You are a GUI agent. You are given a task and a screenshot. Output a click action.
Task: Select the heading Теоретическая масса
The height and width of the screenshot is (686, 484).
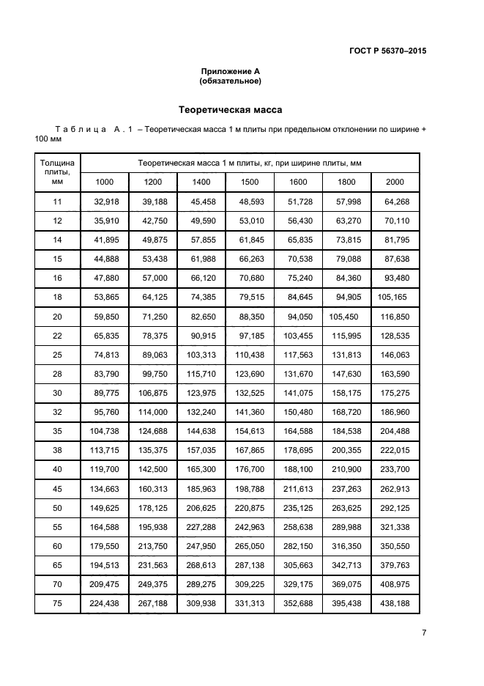point(231,110)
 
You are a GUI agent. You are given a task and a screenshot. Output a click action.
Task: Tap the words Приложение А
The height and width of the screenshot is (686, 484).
point(231,71)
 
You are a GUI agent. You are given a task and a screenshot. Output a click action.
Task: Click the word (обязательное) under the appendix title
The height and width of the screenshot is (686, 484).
point(231,81)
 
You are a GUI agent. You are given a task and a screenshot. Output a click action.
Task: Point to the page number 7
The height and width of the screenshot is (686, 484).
point(424,633)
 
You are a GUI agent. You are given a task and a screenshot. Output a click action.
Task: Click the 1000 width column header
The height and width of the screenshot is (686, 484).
point(105,182)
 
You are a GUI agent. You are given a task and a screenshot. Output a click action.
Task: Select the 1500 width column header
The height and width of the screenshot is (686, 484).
point(250,182)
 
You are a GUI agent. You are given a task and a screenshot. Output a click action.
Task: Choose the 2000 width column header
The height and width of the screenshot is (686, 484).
point(395,182)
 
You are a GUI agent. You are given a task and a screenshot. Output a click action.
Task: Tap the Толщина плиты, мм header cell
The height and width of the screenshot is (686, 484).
point(58,172)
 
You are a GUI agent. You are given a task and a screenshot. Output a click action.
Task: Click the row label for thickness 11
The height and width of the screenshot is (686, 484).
point(58,202)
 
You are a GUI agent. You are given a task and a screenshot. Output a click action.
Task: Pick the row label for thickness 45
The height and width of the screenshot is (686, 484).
point(58,487)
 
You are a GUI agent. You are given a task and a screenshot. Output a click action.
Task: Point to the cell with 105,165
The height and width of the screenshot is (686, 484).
point(394,297)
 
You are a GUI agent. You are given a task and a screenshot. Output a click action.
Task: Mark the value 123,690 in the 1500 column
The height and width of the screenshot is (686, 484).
point(250,373)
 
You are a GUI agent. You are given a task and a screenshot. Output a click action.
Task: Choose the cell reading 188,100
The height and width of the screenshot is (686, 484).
point(298,468)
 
